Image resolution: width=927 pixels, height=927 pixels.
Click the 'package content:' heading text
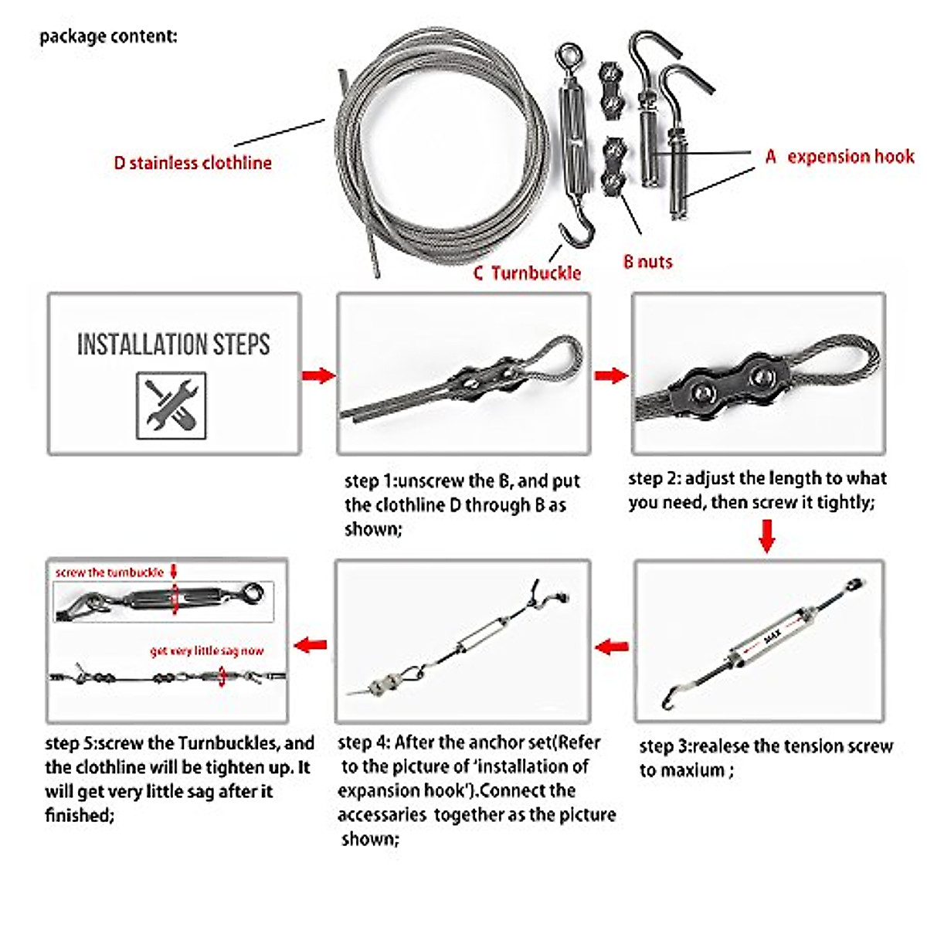point(108,36)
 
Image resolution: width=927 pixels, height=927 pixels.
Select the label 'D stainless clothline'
point(192,163)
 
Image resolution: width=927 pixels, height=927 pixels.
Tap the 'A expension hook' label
point(840,157)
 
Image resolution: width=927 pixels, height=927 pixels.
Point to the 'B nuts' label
point(647,262)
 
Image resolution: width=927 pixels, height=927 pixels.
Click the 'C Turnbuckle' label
point(527,273)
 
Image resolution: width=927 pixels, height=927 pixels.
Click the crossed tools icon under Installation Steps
point(171,405)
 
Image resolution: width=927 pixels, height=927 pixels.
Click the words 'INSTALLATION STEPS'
point(173,345)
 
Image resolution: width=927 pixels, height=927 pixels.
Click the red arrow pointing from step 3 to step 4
point(612,646)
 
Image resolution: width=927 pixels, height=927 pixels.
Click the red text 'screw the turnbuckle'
point(109,572)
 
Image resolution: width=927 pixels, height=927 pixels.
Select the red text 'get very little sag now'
point(206,651)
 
